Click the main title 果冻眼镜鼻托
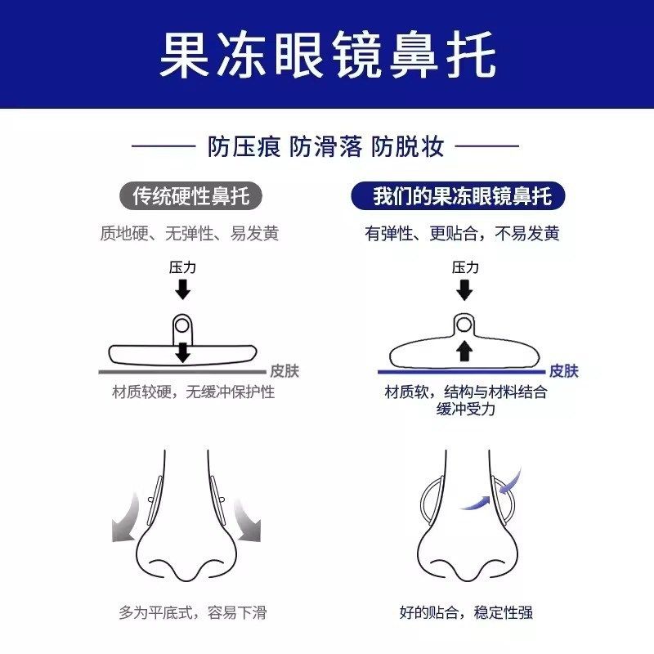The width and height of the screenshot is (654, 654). [x=327, y=54]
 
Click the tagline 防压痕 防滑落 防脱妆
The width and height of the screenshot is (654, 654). [x=326, y=147]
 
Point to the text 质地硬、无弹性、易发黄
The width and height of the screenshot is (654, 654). [x=189, y=234]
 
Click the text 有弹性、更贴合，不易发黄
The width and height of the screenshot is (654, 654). [x=463, y=234]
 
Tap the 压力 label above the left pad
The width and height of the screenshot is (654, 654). [x=182, y=267]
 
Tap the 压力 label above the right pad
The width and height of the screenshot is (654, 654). [x=464, y=267]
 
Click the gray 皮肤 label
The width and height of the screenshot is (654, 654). [x=284, y=371]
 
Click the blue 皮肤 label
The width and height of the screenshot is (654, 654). [x=564, y=371]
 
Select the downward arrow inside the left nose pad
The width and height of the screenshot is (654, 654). [x=183, y=352]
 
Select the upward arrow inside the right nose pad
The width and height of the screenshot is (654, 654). [x=464, y=351]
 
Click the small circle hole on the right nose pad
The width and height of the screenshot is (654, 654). [x=464, y=325]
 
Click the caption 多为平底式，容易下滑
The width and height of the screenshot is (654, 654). [x=193, y=612]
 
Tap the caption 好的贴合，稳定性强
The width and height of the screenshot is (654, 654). [x=468, y=612]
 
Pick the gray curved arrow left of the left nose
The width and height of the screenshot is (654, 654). [x=124, y=519]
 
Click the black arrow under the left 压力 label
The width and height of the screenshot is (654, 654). [x=183, y=289]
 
